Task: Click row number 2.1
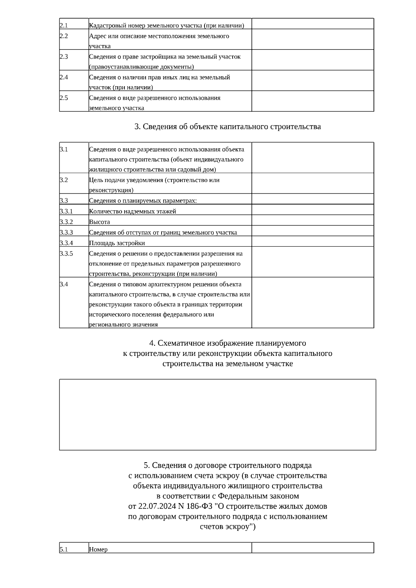pyautogui.click(x=63, y=25)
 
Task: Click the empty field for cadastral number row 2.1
pyautogui.click(x=312, y=24)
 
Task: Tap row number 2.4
pyautogui.click(x=64, y=77)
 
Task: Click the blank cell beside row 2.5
pyautogui.click(x=312, y=101)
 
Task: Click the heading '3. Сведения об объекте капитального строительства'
pyautogui.click(x=227, y=126)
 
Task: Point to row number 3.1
pyautogui.click(x=63, y=149)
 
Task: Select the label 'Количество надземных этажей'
pyautogui.click(x=132, y=211)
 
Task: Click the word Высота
pyautogui.click(x=99, y=222)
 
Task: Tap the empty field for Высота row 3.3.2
pyautogui.click(x=312, y=220)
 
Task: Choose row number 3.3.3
pyautogui.click(x=66, y=232)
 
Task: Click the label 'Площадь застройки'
pyautogui.click(x=117, y=243)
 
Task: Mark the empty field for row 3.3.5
pyautogui.click(x=312, y=262)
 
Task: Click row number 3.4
pyautogui.click(x=63, y=284)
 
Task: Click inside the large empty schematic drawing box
pyautogui.click(x=217, y=414)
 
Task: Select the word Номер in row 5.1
pyautogui.click(x=98, y=549)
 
